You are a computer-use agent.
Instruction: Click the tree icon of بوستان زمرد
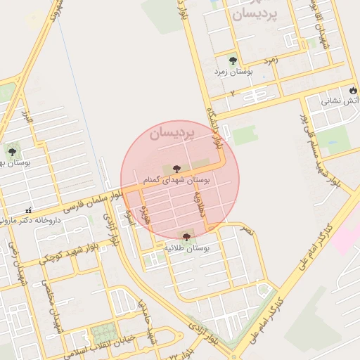pyautogui.click(x=233, y=60)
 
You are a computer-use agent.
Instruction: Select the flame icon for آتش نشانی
pyautogui.click(x=354, y=91)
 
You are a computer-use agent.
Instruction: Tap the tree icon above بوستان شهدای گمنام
pyautogui.click(x=176, y=169)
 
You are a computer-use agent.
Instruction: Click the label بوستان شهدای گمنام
pyautogui.click(x=175, y=181)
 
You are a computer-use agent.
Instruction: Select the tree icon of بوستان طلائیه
pyautogui.click(x=186, y=237)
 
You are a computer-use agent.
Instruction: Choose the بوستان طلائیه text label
pyautogui.click(x=186, y=249)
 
